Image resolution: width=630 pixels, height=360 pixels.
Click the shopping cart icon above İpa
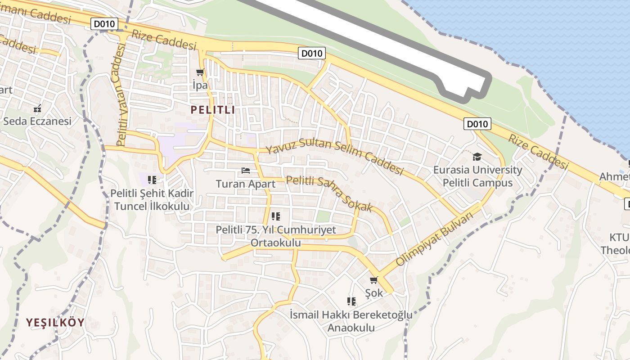(x=200, y=72)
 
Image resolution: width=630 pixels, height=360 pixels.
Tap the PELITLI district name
(x=212, y=110)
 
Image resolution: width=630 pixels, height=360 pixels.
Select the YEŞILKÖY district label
(x=55, y=323)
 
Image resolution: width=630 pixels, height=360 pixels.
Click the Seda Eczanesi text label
(x=37, y=121)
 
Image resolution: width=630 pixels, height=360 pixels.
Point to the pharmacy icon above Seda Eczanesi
(x=37, y=108)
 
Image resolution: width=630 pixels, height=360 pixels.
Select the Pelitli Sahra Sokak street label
(x=329, y=193)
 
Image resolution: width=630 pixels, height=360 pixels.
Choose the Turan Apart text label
(x=246, y=184)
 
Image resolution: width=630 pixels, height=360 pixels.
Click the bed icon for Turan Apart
(x=246, y=171)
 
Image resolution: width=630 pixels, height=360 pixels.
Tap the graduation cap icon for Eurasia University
(x=477, y=157)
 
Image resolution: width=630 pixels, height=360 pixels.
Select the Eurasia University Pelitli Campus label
(x=477, y=176)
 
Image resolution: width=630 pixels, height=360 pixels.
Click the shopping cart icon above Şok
(x=373, y=280)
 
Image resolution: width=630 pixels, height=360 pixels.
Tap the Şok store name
(x=374, y=293)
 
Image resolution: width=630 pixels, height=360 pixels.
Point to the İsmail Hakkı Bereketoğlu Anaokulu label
(x=351, y=321)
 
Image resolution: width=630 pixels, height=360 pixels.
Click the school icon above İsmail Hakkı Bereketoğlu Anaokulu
(x=351, y=301)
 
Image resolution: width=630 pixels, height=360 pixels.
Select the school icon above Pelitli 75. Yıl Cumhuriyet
(x=276, y=216)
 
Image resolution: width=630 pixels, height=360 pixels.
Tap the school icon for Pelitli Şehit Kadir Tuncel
(x=152, y=180)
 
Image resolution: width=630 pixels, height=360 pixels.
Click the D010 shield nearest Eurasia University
(x=477, y=124)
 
